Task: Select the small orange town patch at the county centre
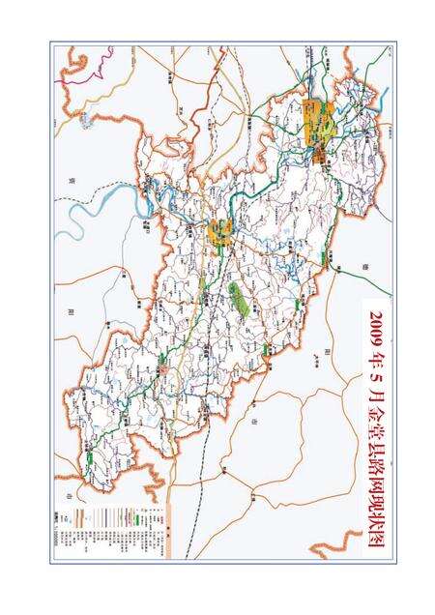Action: (x=220, y=231)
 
